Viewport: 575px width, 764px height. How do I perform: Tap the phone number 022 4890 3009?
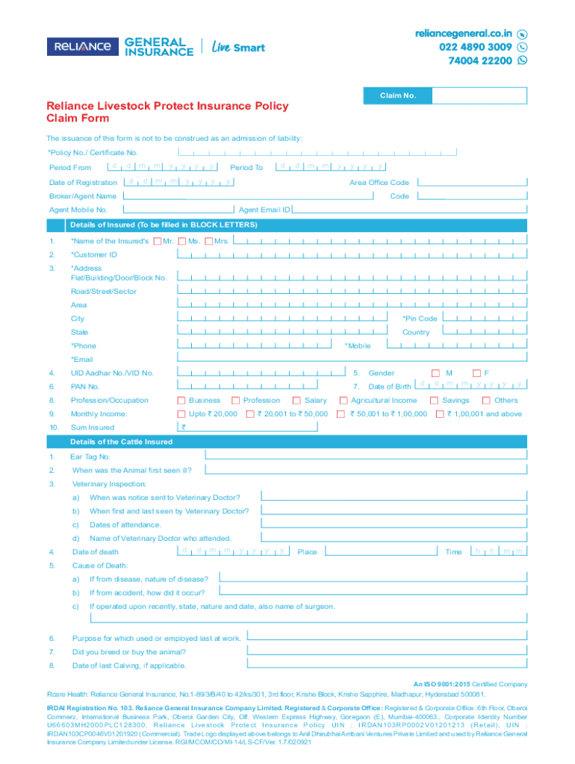[x=470, y=47]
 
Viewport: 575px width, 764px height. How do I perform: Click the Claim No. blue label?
[x=397, y=95]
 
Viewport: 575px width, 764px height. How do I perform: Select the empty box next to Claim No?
[x=479, y=95]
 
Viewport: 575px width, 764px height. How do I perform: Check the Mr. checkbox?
[x=157, y=241]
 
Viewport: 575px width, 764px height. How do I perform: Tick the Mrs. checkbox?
[x=209, y=241]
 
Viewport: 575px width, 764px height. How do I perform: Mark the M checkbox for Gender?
[x=436, y=373]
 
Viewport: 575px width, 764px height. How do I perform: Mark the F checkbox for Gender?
[x=476, y=373]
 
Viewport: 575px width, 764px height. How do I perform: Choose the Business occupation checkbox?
[x=181, y=401]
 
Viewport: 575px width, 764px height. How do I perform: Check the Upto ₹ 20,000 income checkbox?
[x=181, y=414]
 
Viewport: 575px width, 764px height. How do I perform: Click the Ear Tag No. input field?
[x=365, y=455]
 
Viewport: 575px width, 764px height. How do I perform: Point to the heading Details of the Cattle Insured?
[x=121, y=442]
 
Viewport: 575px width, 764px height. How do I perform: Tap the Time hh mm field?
[x=499, y=551]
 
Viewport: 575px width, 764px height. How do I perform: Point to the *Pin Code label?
[x=420, y=319]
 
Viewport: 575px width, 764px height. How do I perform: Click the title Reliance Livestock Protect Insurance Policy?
[x=167, y=106]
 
